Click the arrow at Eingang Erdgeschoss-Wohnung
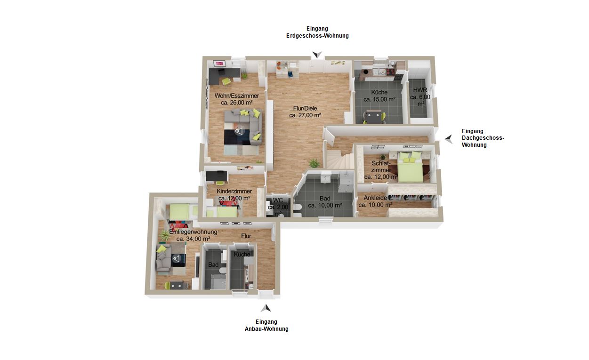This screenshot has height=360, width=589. coord(317,55)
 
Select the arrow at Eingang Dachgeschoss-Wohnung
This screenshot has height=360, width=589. coord(449,139)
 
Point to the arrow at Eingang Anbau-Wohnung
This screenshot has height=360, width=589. coord(266,308)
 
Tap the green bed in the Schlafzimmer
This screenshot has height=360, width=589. coord(410,168)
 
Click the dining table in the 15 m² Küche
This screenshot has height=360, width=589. coord(374,116)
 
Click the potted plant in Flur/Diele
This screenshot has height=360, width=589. coord(314,163)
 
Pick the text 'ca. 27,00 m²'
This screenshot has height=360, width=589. coord(305,115)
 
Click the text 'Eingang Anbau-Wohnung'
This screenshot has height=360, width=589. coord(266,325)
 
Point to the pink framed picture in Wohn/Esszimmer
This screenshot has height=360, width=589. coord(219,64)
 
